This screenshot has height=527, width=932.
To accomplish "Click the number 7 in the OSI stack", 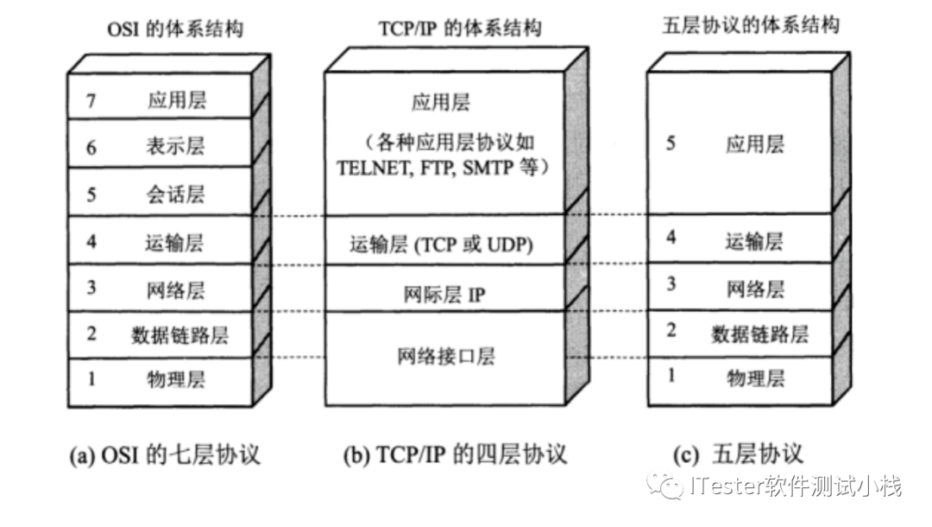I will [x=91, y=100].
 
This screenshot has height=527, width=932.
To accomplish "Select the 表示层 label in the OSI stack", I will [x=176, y=145].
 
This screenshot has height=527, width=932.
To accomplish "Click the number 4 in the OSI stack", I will [x=91, y=240].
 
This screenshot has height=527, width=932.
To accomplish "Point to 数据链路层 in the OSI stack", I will [x=181, y=333].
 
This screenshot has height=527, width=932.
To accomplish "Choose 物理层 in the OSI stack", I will [x=176, y=378].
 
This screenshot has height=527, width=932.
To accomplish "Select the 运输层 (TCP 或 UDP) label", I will [x=441, y=245].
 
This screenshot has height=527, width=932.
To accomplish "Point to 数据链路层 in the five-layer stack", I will [x=760, y=333].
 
